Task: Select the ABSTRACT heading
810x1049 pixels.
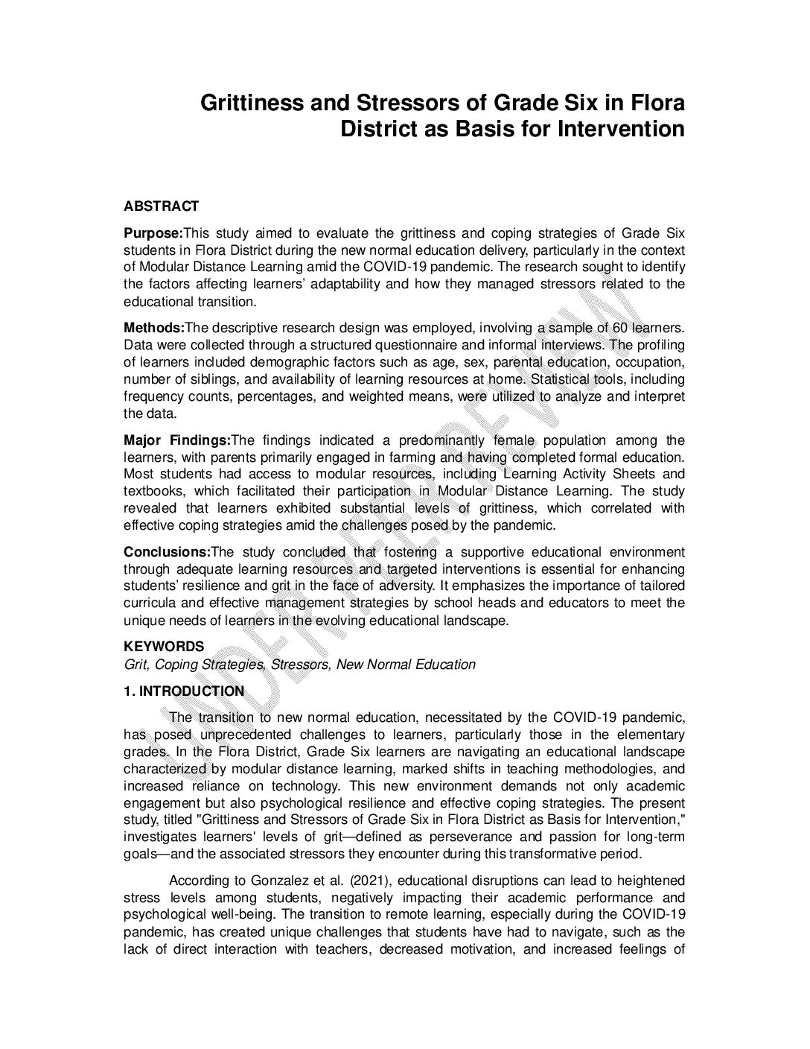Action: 161,206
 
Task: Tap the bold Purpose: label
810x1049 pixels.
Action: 153,232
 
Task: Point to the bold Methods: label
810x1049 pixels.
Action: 153,328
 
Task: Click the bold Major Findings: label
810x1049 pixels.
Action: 178,440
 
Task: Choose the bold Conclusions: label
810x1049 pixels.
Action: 167,552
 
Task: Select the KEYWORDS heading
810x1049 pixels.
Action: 163,647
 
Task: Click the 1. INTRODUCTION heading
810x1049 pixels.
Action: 183,691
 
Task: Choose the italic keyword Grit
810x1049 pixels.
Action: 135,665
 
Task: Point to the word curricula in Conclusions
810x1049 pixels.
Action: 148,603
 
